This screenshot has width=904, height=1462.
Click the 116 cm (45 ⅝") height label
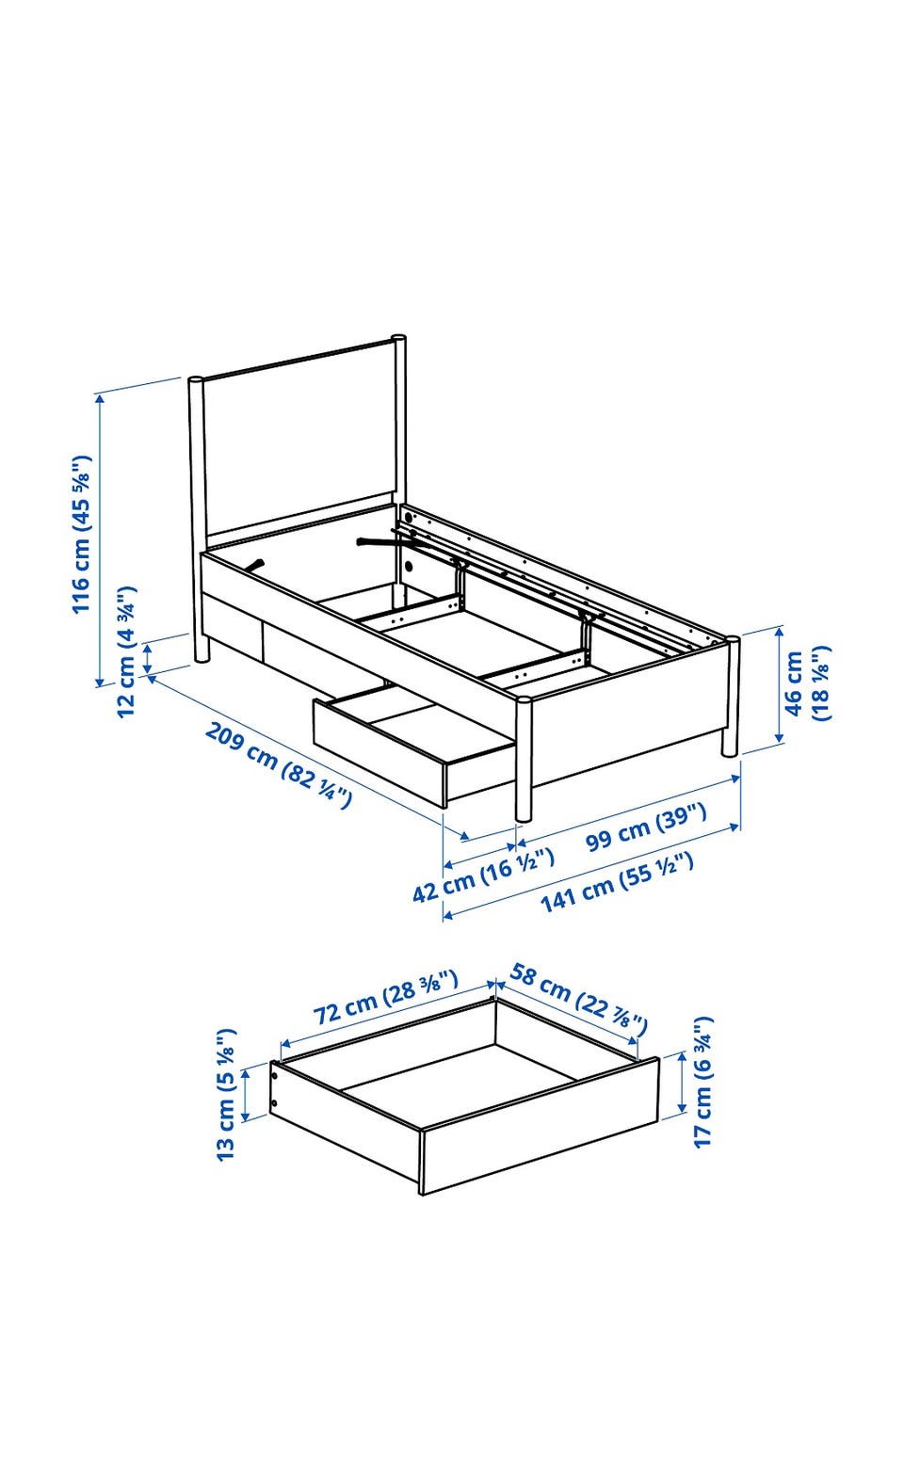click(82, 533)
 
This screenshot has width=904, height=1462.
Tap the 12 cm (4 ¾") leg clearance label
click(126, 651)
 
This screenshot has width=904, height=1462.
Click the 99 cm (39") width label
click(646, 827)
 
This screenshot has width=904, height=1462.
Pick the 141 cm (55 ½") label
click(617, 883)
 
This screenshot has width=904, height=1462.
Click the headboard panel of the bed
click(301, 447)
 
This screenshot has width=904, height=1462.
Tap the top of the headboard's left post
click(196, 379)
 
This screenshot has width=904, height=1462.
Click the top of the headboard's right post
click(398, 339)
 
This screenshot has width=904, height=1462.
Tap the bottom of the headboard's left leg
click(201, 659)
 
